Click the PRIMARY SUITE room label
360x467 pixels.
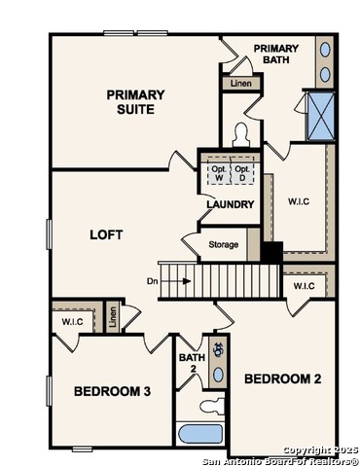[x=135, y=101]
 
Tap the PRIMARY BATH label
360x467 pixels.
[x=275, y=54]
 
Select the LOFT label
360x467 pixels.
[x=106, y=234]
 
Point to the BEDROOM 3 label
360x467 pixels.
[x=112, y=391]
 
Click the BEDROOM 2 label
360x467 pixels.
[x=281, y=377]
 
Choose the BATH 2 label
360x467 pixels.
[x=191, y=364]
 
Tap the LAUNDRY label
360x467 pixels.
[x=231, y=204]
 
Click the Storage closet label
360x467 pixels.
[x=223, y=244]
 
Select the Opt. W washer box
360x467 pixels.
[x=218, y=172]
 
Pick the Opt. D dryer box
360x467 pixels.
[x=243, y=172]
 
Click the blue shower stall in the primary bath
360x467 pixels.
[x=319, y=116]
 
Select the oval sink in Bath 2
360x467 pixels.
[x=217, y=374]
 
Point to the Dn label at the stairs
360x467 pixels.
[x=153, y=281]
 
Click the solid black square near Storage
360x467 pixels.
[x=271, y=251]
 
